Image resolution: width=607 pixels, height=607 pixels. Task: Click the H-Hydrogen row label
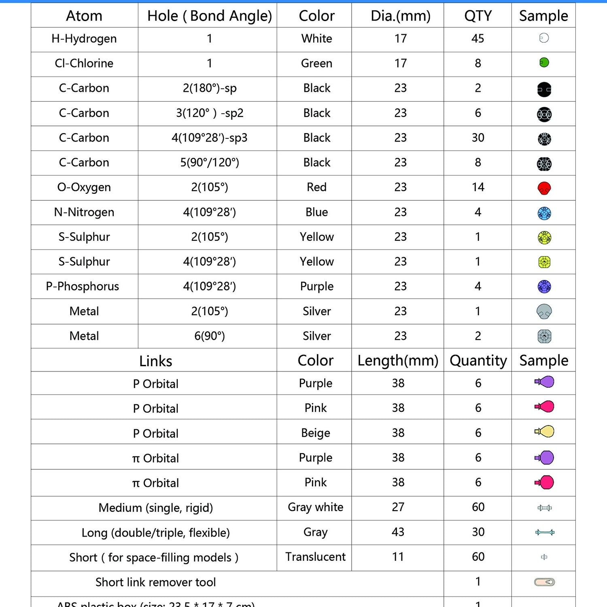[x=84, y=39]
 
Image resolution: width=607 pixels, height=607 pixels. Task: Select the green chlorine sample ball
[x=544, y=63]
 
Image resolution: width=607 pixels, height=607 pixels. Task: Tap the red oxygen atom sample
[x=544, y=188]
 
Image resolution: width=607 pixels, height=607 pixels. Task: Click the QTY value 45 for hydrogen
[x=478, y=39]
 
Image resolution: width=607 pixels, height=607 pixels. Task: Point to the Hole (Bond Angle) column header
[x=209, y=16]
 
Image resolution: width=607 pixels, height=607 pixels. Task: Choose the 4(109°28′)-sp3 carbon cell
[x=209, y=138]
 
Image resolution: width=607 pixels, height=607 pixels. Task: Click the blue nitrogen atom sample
[x=544, y=213]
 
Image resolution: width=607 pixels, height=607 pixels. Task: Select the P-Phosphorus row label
[x=83, y=287]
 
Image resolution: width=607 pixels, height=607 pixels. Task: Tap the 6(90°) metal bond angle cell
[x=209, y=336]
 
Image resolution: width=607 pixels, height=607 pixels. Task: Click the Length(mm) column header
[x=398, y=361]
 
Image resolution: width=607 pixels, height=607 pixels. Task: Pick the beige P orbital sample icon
[x=544, y=431]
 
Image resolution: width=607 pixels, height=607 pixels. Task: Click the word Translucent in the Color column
[x=315, y=557]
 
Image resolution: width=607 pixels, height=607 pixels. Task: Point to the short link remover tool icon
[x=544, y=582]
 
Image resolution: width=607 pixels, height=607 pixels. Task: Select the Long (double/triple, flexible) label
[x=156, y=533]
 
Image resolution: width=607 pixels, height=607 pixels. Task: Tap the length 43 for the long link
[x=398, y=532]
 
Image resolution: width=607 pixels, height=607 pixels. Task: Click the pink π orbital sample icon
[x=545, y=482]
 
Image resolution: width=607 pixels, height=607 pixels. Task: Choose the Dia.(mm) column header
[x=400, y=16]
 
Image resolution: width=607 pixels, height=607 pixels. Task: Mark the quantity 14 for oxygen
[x=478, y=187]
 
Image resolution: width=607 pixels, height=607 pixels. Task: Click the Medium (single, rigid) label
[x=156, y=507]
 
